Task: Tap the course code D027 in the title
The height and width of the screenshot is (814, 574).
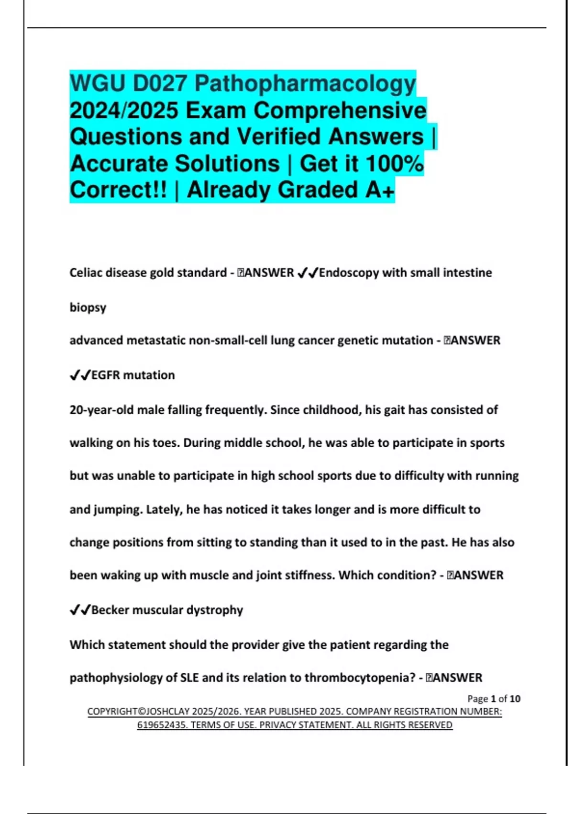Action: [x=160, y=84]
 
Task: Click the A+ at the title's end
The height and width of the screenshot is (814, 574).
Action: [x=380, y=190]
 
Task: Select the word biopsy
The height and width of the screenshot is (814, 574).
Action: [x=88, y=307]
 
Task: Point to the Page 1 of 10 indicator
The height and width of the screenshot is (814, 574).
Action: [x=494, y=699]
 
